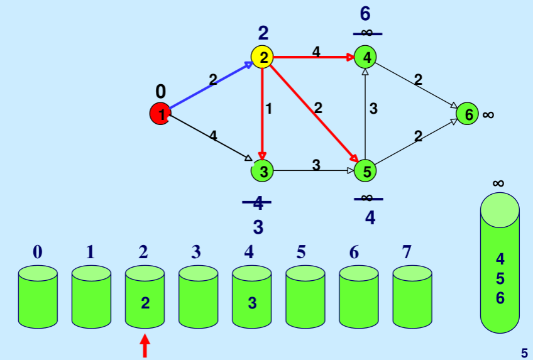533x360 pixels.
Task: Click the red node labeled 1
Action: (161, 114)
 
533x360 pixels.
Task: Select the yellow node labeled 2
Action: (263, 57)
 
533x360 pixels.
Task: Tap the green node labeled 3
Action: (263, 170)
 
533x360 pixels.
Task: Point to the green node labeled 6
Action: (468, 114)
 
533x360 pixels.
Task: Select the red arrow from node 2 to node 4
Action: (314, 57)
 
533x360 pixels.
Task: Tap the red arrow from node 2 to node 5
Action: (314, 114)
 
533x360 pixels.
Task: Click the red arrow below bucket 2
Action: (145, 346)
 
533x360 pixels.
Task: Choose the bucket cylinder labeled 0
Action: (38, 297)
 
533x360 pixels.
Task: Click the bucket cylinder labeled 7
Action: (412, 297)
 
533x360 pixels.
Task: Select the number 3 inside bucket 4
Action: (252, 303)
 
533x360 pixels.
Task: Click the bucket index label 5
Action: (300, 253)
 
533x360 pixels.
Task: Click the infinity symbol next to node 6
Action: (488, 114)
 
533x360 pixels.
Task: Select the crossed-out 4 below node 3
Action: (258, 203)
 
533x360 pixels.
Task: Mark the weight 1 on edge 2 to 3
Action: (269, 108)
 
